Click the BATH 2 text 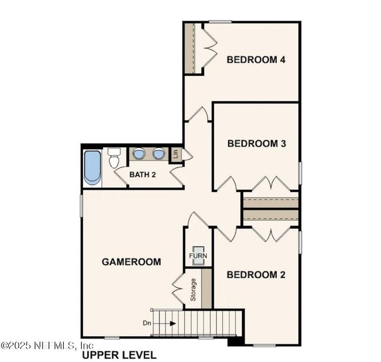[143, 175]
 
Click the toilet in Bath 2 [114, 159]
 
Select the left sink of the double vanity [138, 154]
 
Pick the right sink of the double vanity [158, 154]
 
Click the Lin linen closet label [176, 154]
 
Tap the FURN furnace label [197, 256]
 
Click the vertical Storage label [193, 290]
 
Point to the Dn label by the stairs [147, 323]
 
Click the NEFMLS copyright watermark [47, 346]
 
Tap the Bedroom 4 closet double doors [209, 48]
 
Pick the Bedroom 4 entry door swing [197, 113]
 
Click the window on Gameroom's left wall [81, 206]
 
